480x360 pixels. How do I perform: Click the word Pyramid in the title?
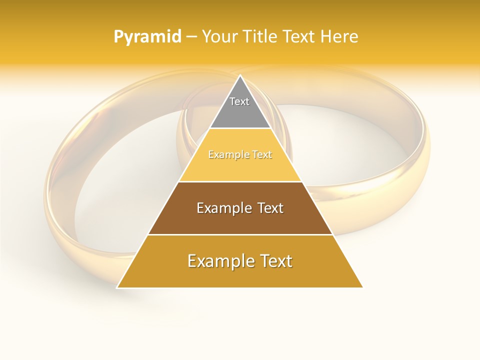(x=147, y=37)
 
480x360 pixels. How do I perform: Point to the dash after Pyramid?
(x=191, y=37)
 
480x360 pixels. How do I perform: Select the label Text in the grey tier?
(x=239, y=101)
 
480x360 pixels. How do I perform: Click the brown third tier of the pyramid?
(x=240, y=220)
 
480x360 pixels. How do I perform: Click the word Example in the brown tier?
(x=221, y=208)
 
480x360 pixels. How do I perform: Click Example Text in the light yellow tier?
(x=240, y=155)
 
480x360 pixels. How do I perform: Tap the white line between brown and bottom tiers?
(x=240, y=234)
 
